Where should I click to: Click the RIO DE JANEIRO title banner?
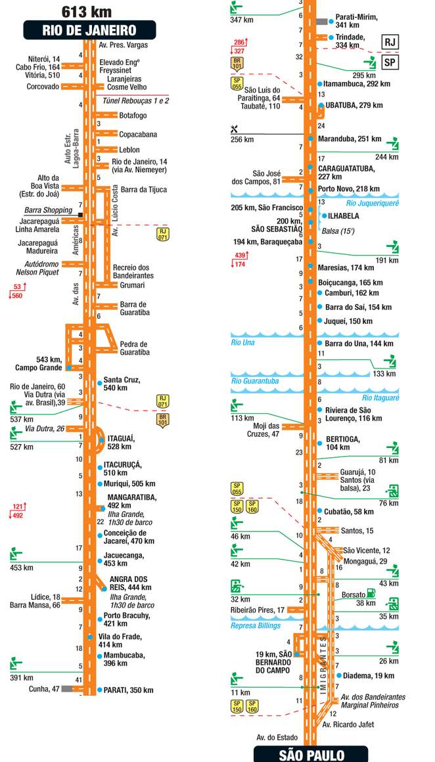[89, 30]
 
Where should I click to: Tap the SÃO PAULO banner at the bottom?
[311, 755]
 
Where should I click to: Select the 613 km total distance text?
[86, 11]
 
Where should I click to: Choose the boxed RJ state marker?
[391, 42]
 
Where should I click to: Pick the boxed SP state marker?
[391, 62]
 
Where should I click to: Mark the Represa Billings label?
[256, 625]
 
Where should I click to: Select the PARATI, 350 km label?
[128, 690]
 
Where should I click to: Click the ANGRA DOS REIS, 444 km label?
[129, 583]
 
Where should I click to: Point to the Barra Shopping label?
[47, 210]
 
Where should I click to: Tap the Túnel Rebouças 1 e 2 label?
[136, 101]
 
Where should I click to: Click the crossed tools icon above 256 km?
[235, 128]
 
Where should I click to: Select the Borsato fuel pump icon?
[372, 593]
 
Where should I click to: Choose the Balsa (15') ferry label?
[338, 231]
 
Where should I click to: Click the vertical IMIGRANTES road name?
[323, 667]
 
